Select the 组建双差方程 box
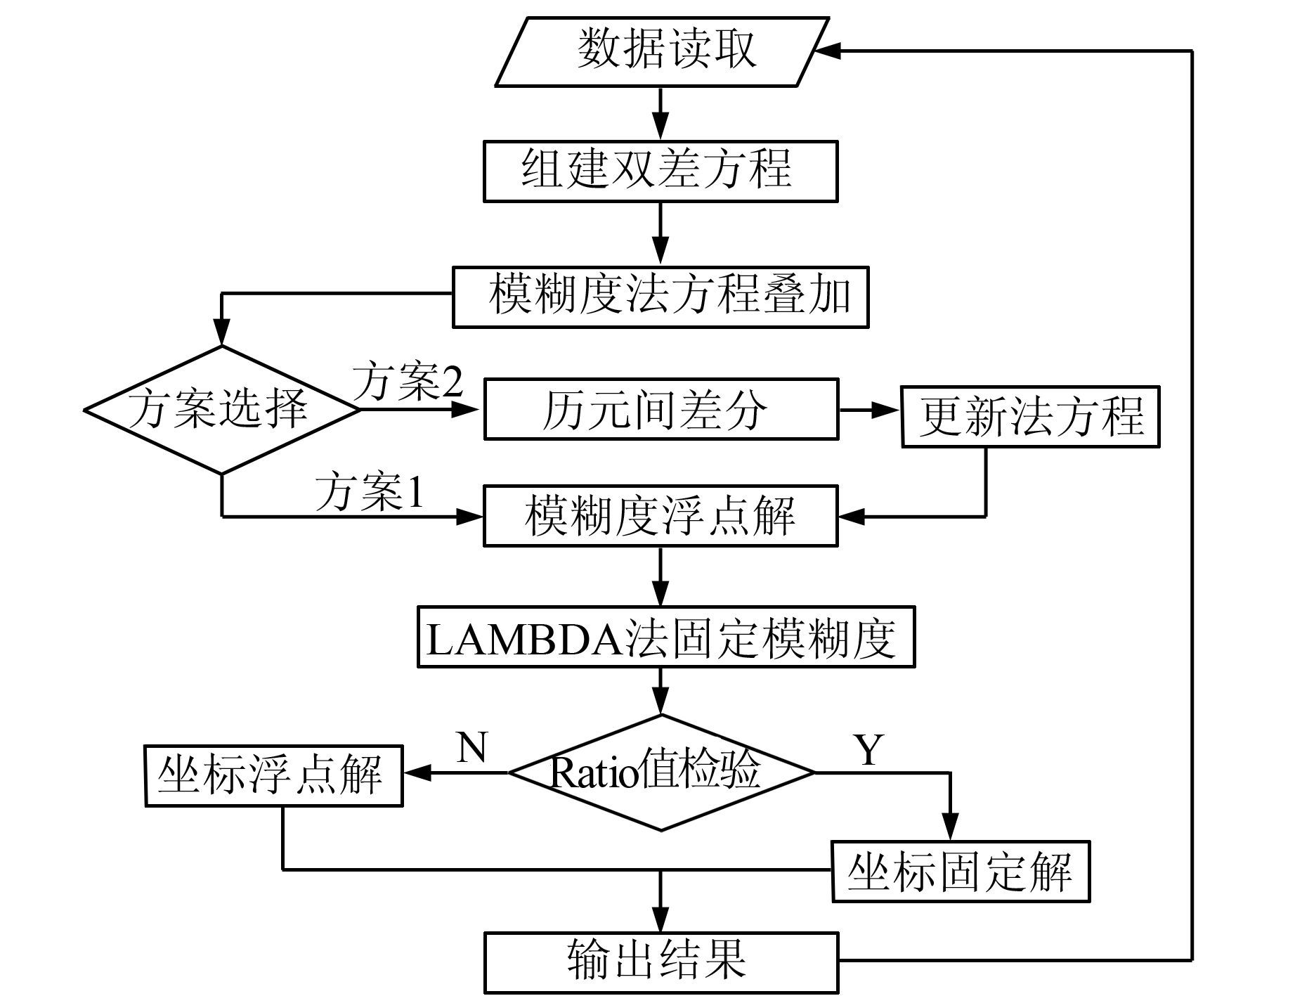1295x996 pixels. click(660, 171)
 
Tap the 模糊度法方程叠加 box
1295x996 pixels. click(660, 297)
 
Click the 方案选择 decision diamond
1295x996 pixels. click(221, 410)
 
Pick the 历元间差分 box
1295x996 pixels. click(660, 409)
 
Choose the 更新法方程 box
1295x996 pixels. click(1030, 416)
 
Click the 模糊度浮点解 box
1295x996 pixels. click(660, 515)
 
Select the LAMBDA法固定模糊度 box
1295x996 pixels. click(666, 637)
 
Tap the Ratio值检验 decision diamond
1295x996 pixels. click(660, 772)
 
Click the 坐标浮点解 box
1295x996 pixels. click(273, 775)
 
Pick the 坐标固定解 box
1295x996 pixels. click(961, 872)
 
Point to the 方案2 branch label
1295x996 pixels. click(408, 382)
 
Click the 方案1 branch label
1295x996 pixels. click(370, 492)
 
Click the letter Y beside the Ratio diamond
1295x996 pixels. click(869, 750)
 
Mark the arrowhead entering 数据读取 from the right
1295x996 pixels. click(828, 51)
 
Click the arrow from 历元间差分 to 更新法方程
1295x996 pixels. click(870, 410)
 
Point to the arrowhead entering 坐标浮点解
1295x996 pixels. click(416, 773)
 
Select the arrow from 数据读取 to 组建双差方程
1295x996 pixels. click(660, 114)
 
